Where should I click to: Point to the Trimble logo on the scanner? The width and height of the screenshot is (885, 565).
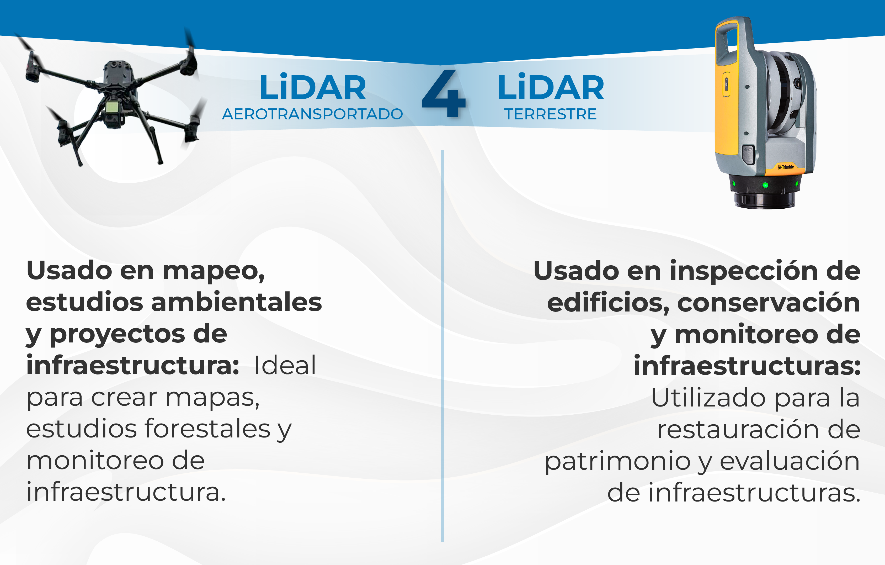786,167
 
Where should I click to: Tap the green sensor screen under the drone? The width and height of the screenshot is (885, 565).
112,107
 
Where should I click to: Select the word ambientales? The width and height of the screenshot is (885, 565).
236,302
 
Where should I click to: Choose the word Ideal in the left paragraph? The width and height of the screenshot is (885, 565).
285,365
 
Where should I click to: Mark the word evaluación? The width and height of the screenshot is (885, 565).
790,461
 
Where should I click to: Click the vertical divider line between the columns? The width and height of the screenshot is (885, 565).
442,346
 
